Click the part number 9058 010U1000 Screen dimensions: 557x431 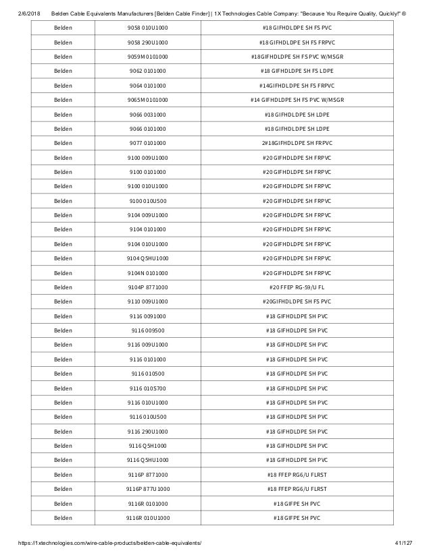coord(148,28)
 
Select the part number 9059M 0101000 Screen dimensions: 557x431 coord(148,56)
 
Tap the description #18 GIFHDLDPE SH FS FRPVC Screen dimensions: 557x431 coord(297,42)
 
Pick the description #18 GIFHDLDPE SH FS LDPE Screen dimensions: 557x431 coord(297,71)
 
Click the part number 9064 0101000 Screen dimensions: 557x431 coord(148,85)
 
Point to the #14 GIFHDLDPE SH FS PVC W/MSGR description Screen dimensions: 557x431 coord(297,100)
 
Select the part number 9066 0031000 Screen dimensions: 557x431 coord(148,114)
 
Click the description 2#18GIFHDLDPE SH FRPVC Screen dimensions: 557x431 coord(297,143)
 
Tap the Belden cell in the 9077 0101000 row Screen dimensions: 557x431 coord(63,143)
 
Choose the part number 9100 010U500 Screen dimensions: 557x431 coord(148,200)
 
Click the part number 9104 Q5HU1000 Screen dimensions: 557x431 coord(148,258)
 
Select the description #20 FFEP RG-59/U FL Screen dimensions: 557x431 coord(297,287)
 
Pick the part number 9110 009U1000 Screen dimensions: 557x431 coord(148,301)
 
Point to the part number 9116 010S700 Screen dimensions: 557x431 coord(148,388)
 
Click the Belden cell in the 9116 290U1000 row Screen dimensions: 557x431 coord(63,431)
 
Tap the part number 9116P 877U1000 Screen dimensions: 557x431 coord(148,488)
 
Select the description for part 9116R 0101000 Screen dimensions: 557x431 coord(297,503)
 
